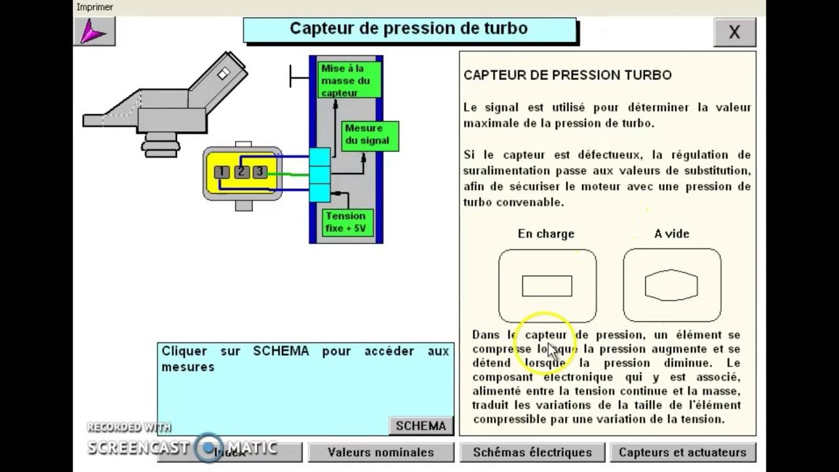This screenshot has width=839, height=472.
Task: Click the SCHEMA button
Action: pyautogui.click(x=421, y=426)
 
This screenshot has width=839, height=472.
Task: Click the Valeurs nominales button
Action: pyautogui.click(x=381, y=452)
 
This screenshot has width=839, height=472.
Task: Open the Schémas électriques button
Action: pyautogui.click(x=532, y=452)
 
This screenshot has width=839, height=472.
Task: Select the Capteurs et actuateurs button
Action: pyautogui.click(x=682, y=452)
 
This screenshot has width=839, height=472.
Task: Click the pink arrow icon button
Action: pyautogui.click(x=94, y=31)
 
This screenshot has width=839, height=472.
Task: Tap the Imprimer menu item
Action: pyautogui.click(x=94, y=7)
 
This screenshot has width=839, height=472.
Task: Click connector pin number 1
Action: pyautogui.click(x=222, y=172)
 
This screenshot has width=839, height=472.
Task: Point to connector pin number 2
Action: pyautogui.click(x=241, y=172)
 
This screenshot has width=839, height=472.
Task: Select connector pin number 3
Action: pyautogui.click(x=260, y=172)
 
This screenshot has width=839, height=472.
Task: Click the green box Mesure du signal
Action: pyautogui.click(x=370, y=134)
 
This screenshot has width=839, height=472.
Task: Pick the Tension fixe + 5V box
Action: pyautogui.click(x=347, y=222)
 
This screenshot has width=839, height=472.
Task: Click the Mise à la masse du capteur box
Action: pyautogui.click(x=349, y=81)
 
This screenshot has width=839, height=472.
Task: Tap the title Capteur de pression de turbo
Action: pyautogui.click(x=408, y=29)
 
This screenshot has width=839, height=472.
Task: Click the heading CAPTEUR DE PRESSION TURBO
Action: pyautogui.click(x=567, y=75)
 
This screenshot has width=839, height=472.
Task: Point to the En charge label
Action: pyautogui.click(x=545, y=234)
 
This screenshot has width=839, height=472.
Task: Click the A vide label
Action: pyautogui.click(x=671, y=234)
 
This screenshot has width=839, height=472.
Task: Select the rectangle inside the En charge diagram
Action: pyautogui.click(x=547, y=286)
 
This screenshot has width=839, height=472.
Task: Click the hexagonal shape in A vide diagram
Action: pyautogui.click(x=671, y=285)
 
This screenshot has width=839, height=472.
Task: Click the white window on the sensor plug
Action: pyautogui.click(x=224, y=73)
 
